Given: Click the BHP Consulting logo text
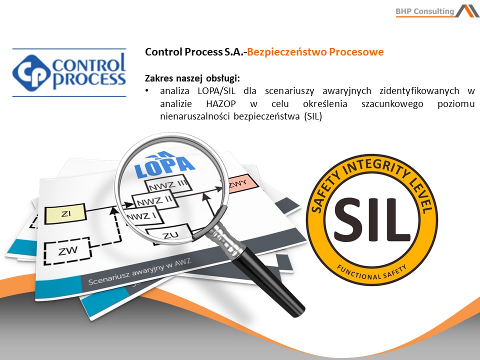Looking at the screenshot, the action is [x=425, y=11].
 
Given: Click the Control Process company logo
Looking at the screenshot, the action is [x=69, y=72].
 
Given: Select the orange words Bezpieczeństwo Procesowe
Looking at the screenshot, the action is [x=315, y=52].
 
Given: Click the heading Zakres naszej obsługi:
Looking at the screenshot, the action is [x=192, y=78].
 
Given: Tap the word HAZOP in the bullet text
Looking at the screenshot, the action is [x=221, y=104].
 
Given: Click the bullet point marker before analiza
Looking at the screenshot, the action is [x=147, y=90].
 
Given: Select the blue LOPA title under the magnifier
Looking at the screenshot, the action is [x=164, y=167].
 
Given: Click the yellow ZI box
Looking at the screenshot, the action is [x=65, y=213].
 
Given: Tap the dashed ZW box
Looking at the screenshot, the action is [x=67, y=250].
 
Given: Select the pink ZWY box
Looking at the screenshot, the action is [x=242, y=184].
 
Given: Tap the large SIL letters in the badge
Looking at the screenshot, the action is [x=372, y=219].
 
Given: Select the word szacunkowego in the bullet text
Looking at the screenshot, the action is [x=392, y=104].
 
